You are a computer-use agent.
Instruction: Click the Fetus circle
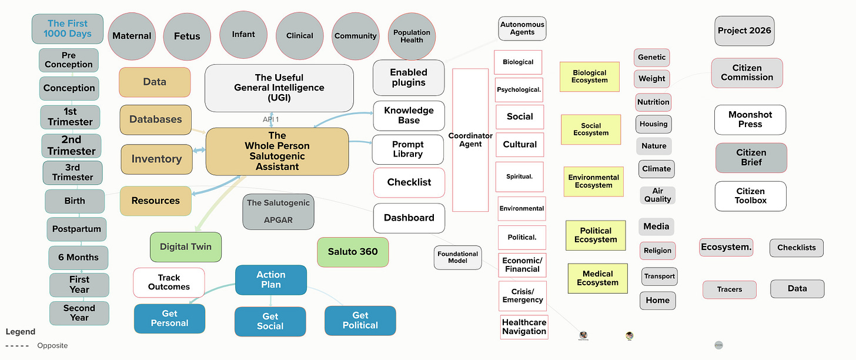coord(187,36)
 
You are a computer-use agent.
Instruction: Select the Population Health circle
coord(412,36)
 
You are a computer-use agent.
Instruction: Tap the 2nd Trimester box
coord(71,145)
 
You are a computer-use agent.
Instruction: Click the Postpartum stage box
coord(76,229)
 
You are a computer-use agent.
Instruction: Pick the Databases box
coord(155,119)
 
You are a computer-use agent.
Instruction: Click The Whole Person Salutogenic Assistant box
coord(277,151)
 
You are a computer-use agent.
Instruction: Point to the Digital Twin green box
coord(186,247)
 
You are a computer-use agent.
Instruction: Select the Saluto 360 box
coord(353,252)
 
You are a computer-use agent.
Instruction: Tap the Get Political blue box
coord(360,320)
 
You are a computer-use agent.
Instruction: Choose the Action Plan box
coord(271,279)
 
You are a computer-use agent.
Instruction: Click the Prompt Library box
coord(408,149)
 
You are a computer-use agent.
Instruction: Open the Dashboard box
coord(409,218)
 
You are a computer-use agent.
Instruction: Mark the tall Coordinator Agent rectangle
coord(470,140)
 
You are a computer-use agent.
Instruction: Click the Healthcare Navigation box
coord(524,326)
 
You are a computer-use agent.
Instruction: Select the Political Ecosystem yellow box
coord(596,235)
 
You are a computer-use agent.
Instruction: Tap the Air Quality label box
coord(657,195)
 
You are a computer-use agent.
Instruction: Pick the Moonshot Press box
coord(750,119)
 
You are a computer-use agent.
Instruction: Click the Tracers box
coord(729,289)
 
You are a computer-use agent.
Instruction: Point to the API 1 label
coord(270,119)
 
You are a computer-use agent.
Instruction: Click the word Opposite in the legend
coord(52,346)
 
